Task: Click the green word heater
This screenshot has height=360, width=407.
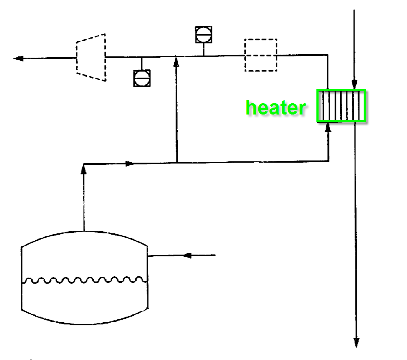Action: coord(276,108)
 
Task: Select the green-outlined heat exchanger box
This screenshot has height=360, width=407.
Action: coord(342,105)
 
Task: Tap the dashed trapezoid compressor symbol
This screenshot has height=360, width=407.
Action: coord(91,57)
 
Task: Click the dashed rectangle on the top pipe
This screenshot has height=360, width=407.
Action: coord(260,55)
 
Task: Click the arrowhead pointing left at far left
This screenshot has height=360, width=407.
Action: coord(18,58)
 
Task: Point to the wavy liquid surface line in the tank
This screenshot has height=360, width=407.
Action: coord(85,280)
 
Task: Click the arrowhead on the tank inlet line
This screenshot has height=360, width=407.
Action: coord(186,255)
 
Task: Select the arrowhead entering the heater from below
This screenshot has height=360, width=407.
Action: coord(328,127)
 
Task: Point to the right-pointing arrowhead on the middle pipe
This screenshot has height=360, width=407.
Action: coord(130,164)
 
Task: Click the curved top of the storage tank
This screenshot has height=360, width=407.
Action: coord(85,231)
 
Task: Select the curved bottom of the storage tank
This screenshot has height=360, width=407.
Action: coord(85,323)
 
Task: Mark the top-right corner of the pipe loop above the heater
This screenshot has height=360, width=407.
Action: coord(327,55)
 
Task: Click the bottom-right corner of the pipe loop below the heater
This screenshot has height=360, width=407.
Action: coord(328,161)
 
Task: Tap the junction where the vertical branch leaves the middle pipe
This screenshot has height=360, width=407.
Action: coord(176,163)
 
